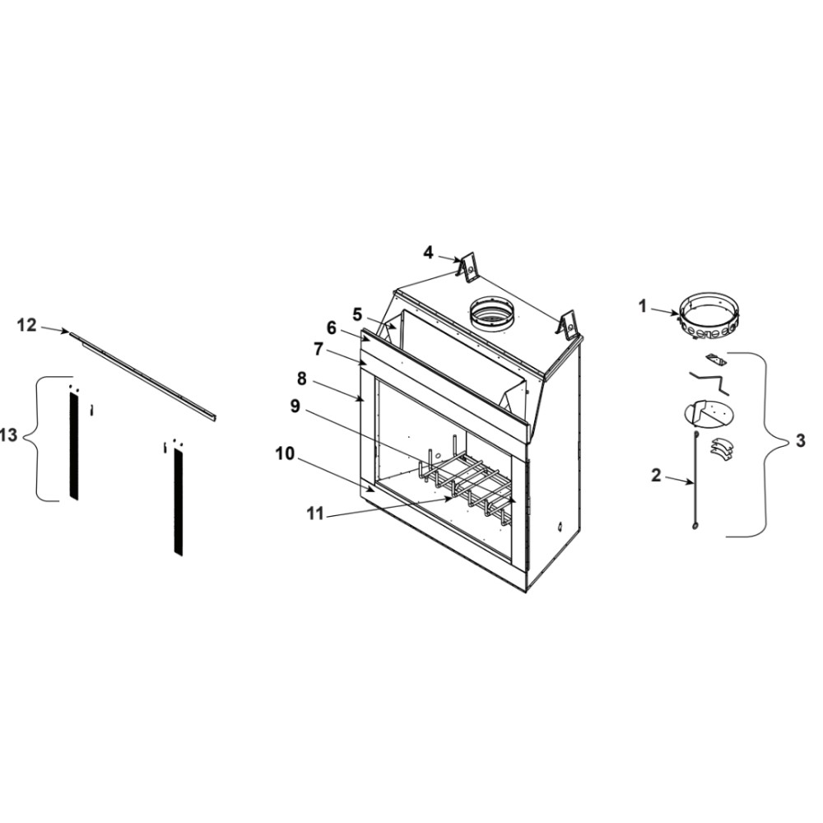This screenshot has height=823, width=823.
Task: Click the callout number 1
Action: point(643,306)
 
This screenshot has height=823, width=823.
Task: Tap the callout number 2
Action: point(656,476)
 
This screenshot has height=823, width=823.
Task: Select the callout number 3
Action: point(800,441)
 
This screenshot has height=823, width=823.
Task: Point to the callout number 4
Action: point(428,253)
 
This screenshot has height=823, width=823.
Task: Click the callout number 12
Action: point(27,325)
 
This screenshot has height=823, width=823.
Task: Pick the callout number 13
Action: point(9,435)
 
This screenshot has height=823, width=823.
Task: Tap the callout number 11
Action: point(315,514)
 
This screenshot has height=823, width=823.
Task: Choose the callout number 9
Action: point(295,407)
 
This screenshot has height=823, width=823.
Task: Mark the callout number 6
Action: point(331,328)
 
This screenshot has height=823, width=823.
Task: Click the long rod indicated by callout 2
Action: point(696,480)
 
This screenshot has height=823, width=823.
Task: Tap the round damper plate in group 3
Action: point(709,415)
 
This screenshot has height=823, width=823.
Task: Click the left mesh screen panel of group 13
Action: point(74,446)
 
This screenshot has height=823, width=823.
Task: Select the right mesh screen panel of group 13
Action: point(179,502)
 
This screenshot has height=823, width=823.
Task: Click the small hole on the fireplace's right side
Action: point(560,524)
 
